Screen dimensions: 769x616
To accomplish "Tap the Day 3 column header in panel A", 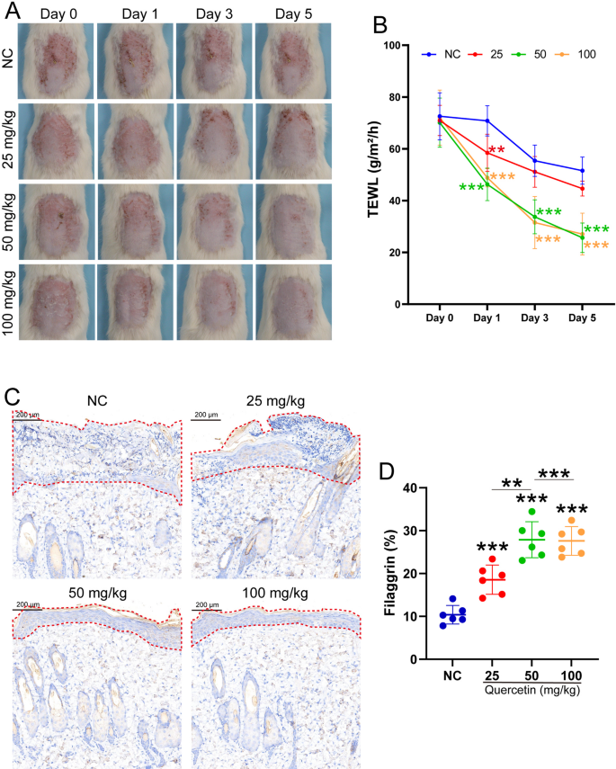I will click(214, 15).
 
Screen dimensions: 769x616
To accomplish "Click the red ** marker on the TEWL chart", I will click(497, 150).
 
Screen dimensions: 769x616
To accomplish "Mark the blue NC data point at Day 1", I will click(487, 121).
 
